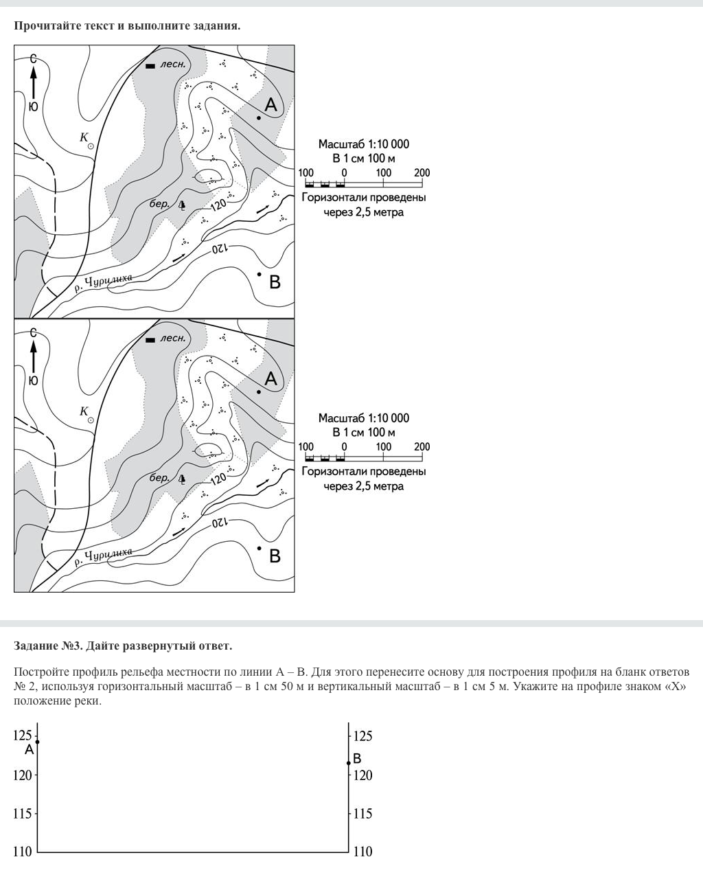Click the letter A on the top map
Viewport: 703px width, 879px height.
(x=271, y=105)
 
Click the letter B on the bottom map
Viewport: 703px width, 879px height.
(x=275, y=556)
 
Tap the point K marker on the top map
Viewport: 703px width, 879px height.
(x=91, y=146)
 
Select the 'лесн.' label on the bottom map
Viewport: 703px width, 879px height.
(x=173, y=338)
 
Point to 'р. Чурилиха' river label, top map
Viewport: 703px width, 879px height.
(x=103, y=283)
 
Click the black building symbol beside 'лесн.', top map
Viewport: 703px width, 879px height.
(x=150, y=66)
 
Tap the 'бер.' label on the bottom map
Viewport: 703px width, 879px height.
(x=159, y=478)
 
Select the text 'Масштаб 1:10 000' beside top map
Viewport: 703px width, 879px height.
(x=363, y=144)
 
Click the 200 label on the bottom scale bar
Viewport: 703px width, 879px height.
(x=422, y=447)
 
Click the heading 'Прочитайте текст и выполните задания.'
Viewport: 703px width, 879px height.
(x=127, y=26)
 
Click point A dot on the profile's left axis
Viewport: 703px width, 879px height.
(x=37, y=742)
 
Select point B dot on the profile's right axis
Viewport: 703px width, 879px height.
(x=349, y=763)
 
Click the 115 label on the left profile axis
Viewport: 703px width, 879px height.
(x=23, y=814)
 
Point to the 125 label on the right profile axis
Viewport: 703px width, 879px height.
(x=362, y=736)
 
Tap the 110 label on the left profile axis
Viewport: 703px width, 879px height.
(x=23, y=852)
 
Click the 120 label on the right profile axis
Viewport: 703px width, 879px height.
(x=362, y=775)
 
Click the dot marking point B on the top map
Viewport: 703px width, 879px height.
(x=259, y=274)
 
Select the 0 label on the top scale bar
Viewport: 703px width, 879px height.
(x=345, y=173)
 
